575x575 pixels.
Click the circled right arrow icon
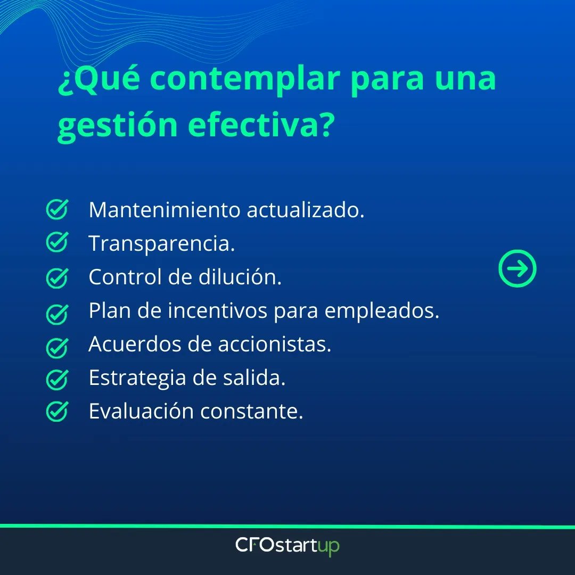pyautogui.click(x=517, y=269)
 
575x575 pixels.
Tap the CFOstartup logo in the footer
pyautogui.click(x=287, y=546)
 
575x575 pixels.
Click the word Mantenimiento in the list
pyautogui.click(x=165, y=210)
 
